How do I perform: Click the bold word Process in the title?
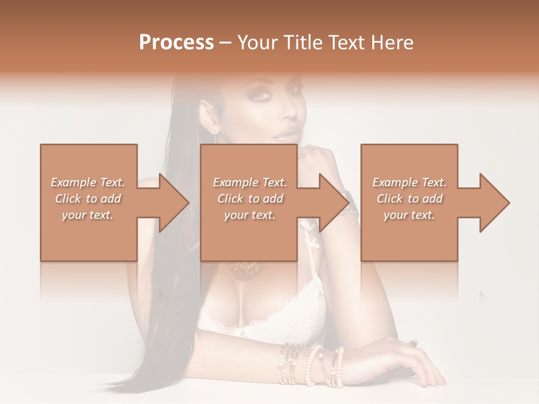point(176,43)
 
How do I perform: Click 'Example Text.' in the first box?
point(88,182)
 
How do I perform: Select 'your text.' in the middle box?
point(249,215)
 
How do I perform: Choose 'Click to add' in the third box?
point(409,199)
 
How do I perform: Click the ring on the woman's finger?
point(414,342)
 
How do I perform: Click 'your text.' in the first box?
point(88,215)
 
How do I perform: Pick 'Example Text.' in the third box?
point(409,182)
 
